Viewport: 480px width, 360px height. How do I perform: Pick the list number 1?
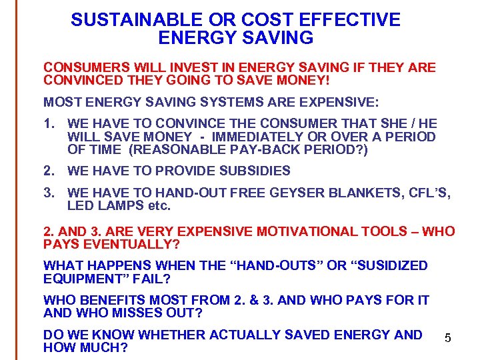[x=47, y=124]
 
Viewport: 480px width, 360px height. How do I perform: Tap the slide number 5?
[x=448, y=339]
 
